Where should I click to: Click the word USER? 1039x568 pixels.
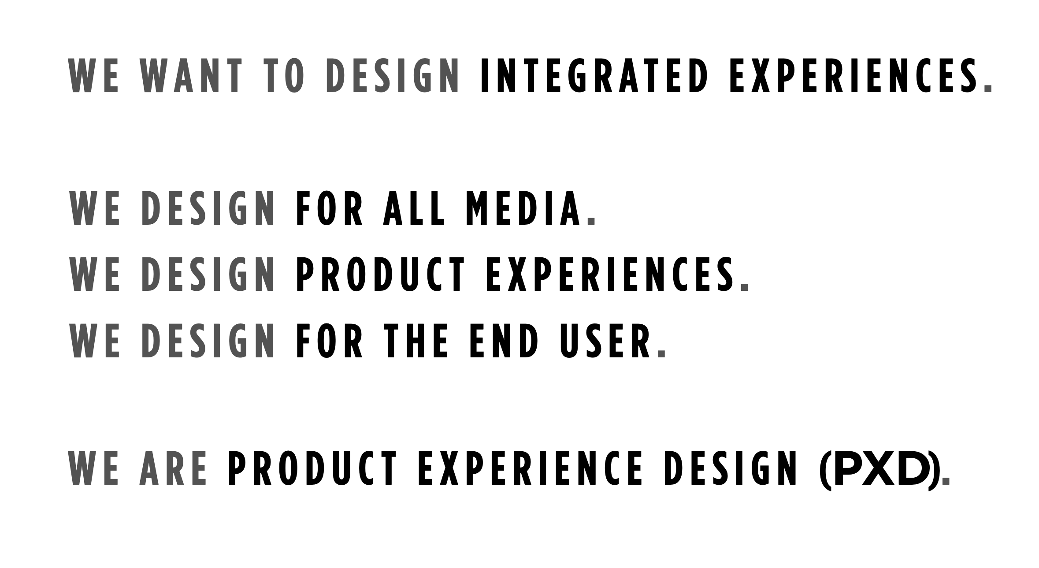[605, 341]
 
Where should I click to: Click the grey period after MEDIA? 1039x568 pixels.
[591, 222]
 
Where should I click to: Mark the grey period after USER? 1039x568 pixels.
[661, 354]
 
